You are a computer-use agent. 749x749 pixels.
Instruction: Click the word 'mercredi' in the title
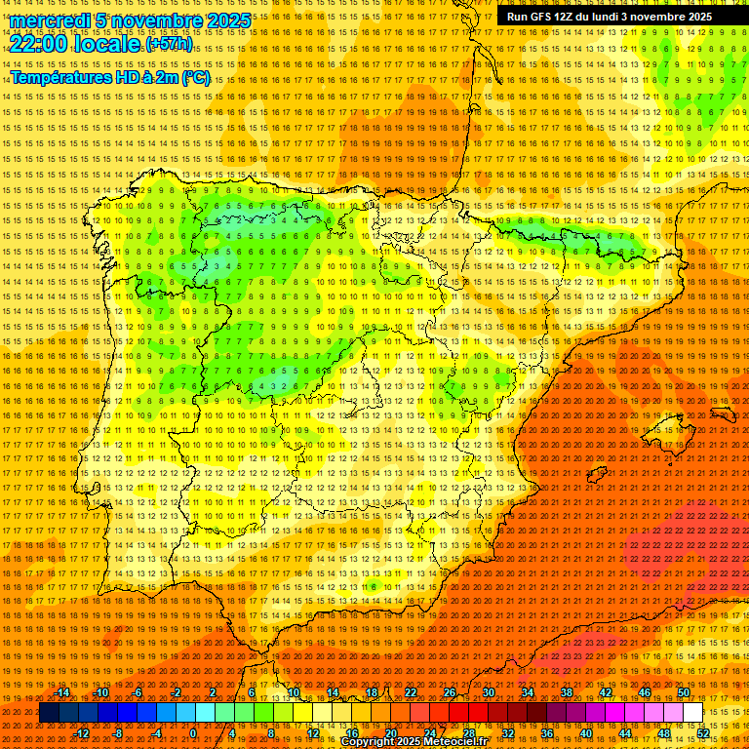[51, 20]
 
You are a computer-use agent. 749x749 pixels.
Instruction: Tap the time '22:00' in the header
[39, 44]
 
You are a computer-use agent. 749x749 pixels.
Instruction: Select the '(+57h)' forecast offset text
[169, 45]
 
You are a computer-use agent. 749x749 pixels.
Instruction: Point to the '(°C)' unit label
[193, 78]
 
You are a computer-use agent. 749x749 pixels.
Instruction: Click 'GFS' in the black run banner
[546, 17]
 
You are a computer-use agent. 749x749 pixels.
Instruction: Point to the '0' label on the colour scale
[193, 733]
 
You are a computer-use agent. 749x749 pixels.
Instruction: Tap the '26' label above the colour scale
[450, 692]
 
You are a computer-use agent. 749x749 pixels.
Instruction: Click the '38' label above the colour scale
[567, 692]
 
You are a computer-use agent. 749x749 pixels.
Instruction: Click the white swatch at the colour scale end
[693, 713]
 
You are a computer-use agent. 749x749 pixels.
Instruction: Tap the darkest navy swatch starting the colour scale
[49, 713]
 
